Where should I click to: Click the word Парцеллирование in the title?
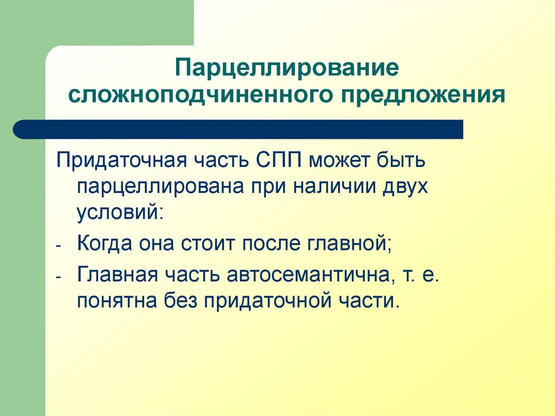coord(286,69)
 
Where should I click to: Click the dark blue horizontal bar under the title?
coord(238,130)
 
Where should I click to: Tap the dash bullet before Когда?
coord(59,245)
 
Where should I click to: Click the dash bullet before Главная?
coord(59,276)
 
